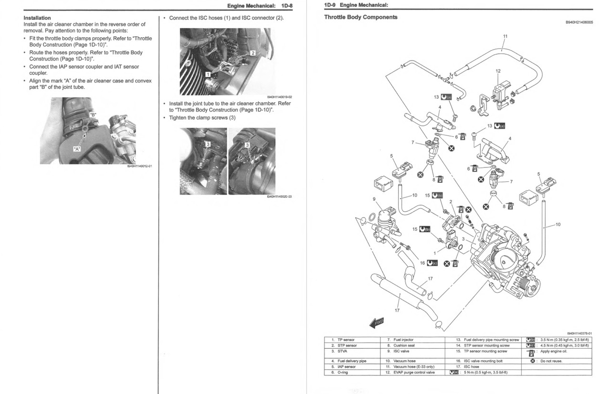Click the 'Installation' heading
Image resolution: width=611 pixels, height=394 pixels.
click(37, 18)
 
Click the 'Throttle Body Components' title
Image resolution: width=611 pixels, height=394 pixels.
click(360, 17)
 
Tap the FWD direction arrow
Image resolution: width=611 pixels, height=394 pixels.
click(377, 322)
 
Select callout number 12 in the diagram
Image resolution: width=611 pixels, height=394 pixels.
click(498, 71)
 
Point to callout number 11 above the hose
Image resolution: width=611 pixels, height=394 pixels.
click(505, 36)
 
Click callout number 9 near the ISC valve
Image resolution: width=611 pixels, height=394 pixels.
click(374, 198)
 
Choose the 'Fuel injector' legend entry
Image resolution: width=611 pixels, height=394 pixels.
click(403, 340)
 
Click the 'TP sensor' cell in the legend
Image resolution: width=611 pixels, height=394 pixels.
click(346, 340)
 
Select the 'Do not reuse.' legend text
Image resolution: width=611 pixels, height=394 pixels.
click(551, 361)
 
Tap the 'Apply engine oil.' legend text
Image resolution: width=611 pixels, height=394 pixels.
click(554, 352)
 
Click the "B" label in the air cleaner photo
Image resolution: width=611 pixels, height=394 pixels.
click(93, 114)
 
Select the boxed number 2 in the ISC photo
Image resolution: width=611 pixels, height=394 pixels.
click(253, 53)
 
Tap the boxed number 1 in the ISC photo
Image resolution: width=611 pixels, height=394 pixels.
click(208, 74)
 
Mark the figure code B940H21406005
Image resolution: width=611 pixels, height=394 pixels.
click(579, 22)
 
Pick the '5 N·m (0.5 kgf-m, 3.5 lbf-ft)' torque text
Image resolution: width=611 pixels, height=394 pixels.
click(485, 373)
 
